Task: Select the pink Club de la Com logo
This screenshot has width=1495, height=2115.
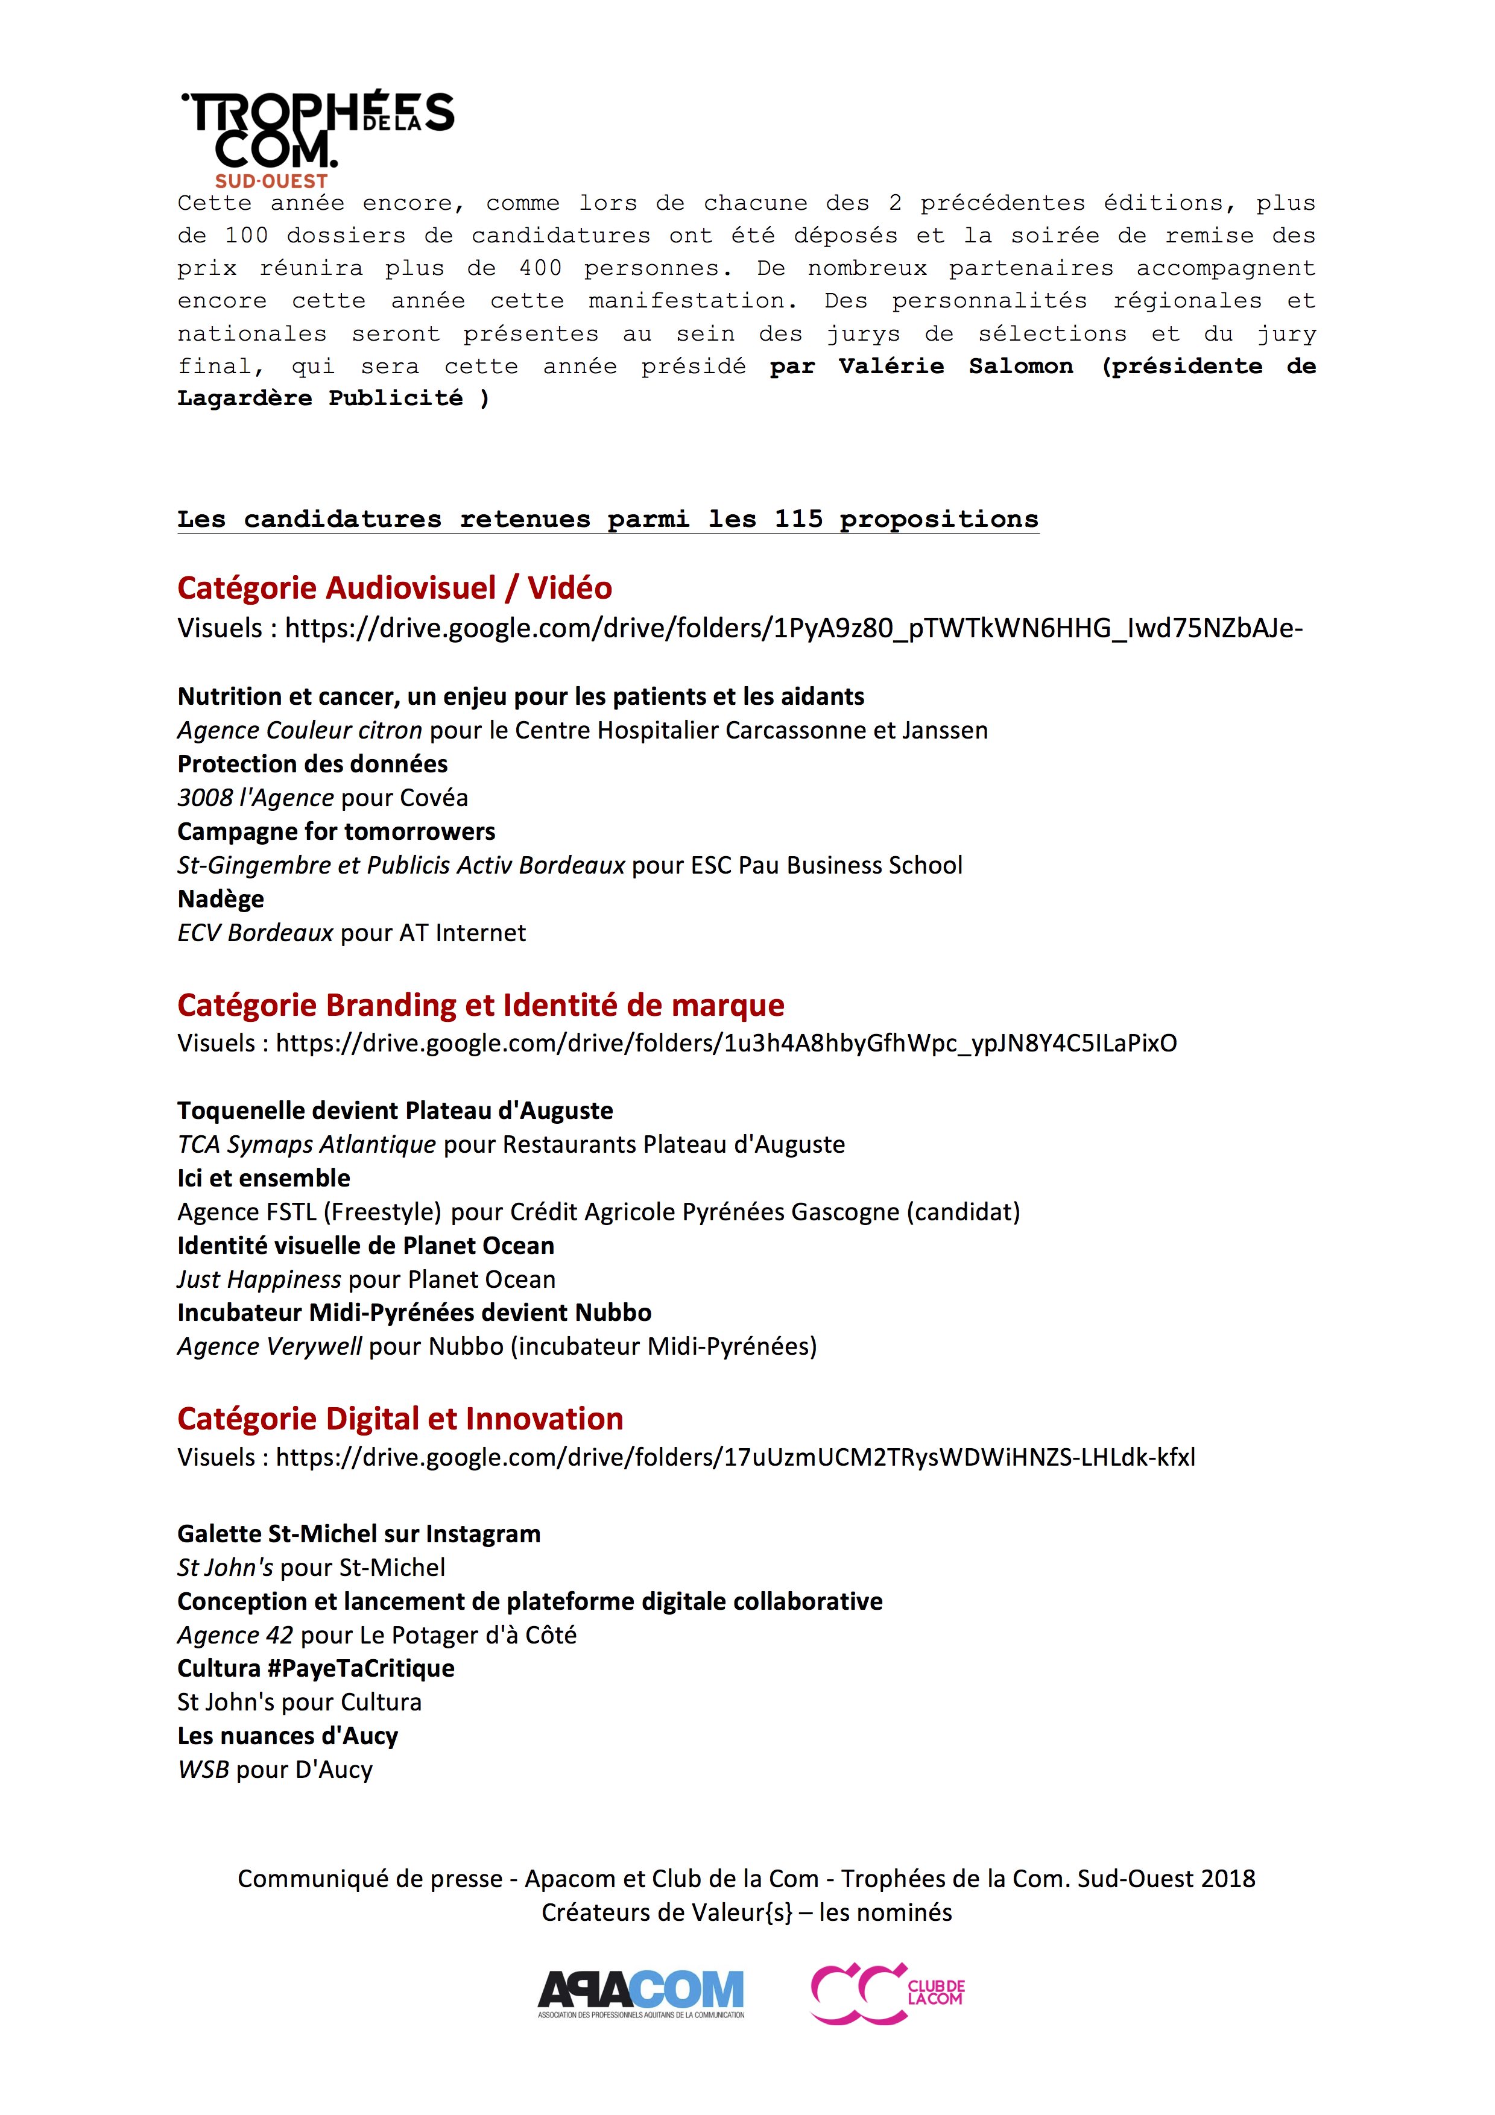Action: click(x=887, y=1993)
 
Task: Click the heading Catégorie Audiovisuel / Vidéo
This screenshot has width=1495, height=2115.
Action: click(x=394, y=588)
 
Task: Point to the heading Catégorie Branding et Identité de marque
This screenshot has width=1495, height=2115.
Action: click(x=480, y=1005)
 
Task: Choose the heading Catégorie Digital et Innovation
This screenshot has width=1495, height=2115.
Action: click(x=400, y=1419)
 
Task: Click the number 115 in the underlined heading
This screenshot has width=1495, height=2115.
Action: click(x=798, y=520)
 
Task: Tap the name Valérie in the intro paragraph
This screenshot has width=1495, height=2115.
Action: click(x=891, y=367)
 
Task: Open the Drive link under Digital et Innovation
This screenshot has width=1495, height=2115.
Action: click(x=735, y=1457)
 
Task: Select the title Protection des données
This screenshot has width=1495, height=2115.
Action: click(x=312, y=764)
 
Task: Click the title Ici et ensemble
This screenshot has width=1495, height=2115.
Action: click(x=264, y=1178)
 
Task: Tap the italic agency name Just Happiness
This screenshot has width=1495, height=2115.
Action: click(x=259, y=1279)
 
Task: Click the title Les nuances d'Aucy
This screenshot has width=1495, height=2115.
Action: click(x=288, y=1736)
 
